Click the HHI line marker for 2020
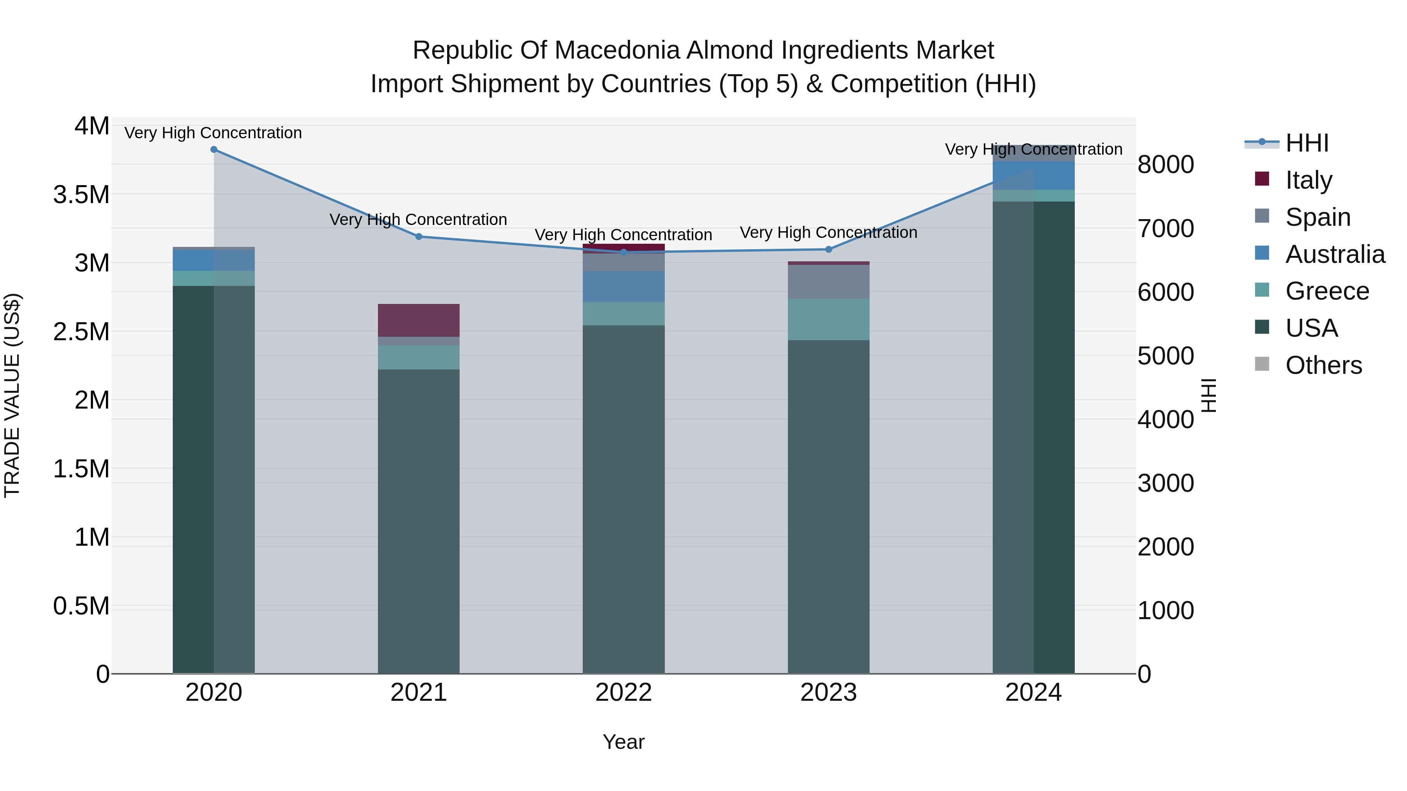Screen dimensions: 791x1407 pos(213,150)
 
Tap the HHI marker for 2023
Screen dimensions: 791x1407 pos(829,250)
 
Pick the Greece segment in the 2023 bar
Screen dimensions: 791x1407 pos(829,320)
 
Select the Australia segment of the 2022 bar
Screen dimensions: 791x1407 pos(624,287)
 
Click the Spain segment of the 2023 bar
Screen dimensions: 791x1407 pos(829,282)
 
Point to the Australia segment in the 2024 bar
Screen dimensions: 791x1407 pos(1033,176)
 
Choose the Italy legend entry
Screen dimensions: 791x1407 pos(1309,180)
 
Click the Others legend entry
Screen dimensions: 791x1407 pos(1323,365)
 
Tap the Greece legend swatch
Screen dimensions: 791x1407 pos(1262,290)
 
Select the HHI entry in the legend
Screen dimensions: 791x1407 pos(1307,143)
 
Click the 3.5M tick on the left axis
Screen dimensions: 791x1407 pos(81,195)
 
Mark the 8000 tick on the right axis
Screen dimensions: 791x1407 pos(1165,165)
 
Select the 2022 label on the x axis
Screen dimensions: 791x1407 pos(624,693)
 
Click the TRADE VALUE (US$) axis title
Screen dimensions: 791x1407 pos(12,395)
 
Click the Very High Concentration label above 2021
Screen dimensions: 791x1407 pos(418,220)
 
